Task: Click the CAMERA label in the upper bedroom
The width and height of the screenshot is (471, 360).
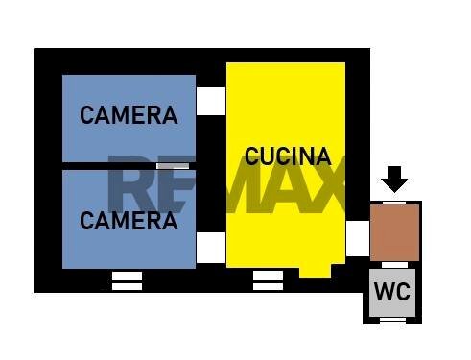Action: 129,115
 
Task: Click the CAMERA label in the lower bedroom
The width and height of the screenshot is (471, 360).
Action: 129,221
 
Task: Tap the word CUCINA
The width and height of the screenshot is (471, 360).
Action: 288,156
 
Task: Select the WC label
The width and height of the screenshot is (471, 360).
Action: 392,291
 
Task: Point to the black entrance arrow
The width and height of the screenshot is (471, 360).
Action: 394,180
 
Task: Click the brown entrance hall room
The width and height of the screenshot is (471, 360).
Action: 394,232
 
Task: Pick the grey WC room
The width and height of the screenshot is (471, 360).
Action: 392,293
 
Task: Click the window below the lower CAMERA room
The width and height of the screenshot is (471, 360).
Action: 127,281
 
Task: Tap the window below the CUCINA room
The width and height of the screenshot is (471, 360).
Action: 268,280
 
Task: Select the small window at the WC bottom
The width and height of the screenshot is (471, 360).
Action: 392,321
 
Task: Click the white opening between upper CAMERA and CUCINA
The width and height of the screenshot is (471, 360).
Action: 211,101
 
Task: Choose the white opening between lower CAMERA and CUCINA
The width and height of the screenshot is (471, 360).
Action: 211,248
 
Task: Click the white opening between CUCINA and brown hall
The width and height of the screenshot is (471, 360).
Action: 358,238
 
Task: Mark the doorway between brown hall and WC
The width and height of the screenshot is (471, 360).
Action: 394,265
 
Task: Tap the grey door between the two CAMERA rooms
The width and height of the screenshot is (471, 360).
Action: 173,166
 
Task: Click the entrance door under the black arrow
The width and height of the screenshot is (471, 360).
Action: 394,203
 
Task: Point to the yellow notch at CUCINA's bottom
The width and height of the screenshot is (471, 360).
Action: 315,272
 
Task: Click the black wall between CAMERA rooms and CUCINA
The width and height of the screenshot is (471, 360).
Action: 211,174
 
